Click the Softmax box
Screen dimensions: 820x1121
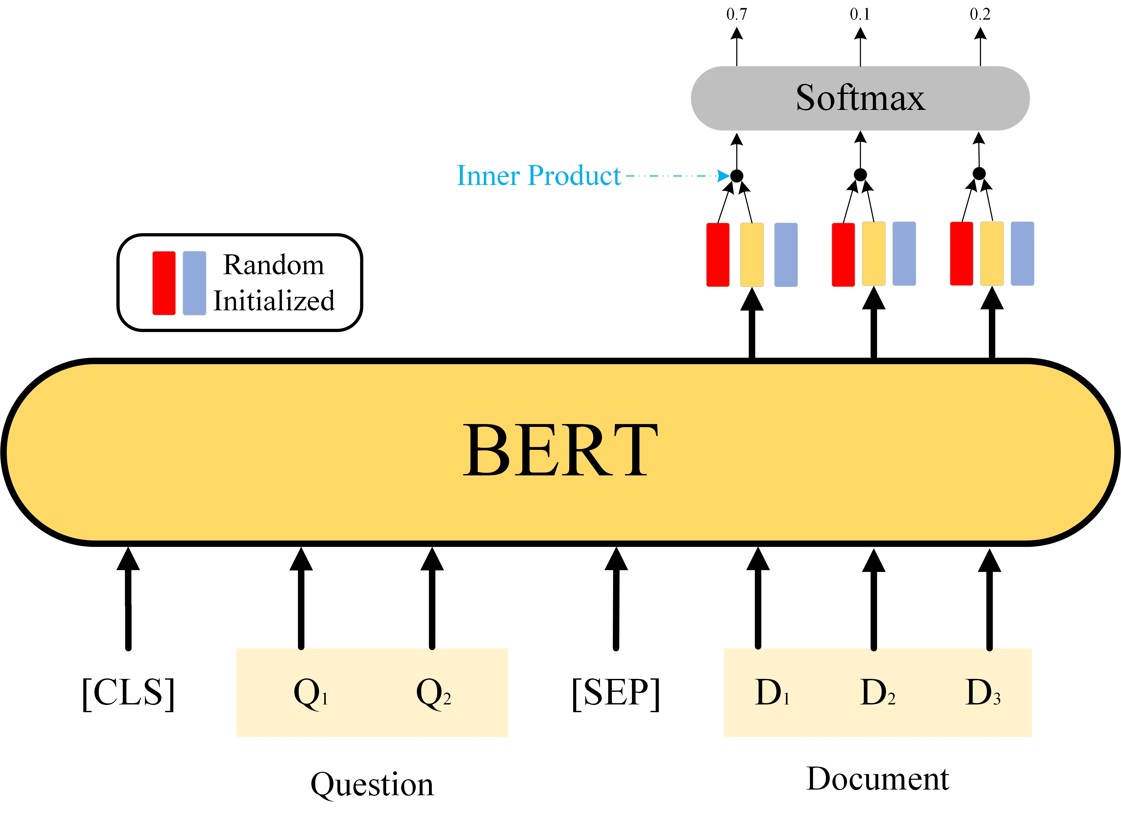(x=860, y=98)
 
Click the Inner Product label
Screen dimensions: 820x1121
(x=538, y=176)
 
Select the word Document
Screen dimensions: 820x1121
(x=877, y=779)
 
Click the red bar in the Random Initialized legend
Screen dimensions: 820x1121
(x=164, y=283)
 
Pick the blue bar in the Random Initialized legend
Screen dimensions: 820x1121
(x=194, y=283)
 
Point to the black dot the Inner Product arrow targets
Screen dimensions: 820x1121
(x=737, y=176)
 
